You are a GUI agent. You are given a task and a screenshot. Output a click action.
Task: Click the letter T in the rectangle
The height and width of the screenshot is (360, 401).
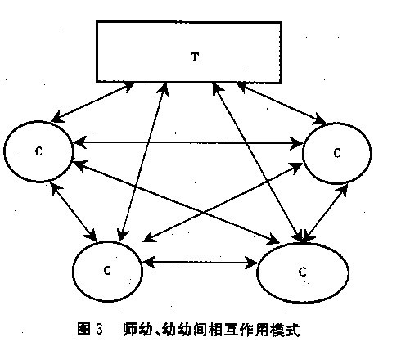click(195, 57)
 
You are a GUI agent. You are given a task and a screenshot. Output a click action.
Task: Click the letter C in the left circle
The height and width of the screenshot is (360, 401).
click(39, 151)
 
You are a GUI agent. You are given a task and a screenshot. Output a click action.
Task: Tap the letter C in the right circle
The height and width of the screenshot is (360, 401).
click(337, 153)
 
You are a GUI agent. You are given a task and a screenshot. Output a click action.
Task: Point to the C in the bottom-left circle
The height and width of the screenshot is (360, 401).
click(107, 270)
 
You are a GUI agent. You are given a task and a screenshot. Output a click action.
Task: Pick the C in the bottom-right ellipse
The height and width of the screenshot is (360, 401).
click(302, 272)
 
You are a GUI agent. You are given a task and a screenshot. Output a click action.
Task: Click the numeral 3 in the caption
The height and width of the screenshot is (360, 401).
click(99, 329)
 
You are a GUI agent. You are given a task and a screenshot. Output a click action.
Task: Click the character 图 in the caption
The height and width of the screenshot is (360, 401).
click(83, 329)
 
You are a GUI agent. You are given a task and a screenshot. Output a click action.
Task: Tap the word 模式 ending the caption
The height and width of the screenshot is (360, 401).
click(285, 330)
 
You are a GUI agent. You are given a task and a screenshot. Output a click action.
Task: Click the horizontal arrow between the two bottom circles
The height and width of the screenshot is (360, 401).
click(200, 263)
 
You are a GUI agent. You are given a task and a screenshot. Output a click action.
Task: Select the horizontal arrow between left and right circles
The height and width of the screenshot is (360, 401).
click(188, 142)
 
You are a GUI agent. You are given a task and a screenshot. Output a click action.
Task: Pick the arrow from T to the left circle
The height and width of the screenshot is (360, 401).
click(92, 102)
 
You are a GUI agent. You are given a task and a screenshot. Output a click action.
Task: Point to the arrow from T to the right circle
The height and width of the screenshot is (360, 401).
click(281, 103)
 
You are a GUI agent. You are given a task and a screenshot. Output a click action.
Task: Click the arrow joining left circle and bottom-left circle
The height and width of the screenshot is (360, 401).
click(73, 213)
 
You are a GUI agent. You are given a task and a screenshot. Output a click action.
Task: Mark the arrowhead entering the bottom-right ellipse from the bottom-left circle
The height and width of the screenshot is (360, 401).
click(251, 263)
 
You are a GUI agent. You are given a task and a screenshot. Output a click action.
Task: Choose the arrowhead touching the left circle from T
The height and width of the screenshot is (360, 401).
click(57, 118)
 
